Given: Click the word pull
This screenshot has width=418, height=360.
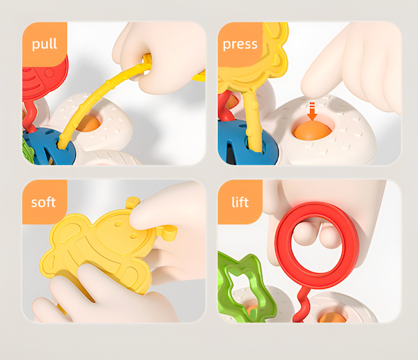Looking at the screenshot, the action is click(45, 44).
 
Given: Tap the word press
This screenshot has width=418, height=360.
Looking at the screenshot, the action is click(240, 45).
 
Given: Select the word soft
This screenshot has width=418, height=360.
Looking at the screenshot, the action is click(43, 202).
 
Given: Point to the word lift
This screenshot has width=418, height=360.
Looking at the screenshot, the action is click(240, 202).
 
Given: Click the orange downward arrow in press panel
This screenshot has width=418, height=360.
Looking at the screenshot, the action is click(311, 111).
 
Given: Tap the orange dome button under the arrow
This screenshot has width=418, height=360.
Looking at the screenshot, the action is click(312, 130).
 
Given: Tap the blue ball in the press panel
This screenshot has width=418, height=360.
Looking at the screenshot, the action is click(240, 141).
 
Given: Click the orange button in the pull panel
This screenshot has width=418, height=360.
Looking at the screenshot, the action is click(88, 124).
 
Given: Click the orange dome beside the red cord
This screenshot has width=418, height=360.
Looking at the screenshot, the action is click(332, 317).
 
